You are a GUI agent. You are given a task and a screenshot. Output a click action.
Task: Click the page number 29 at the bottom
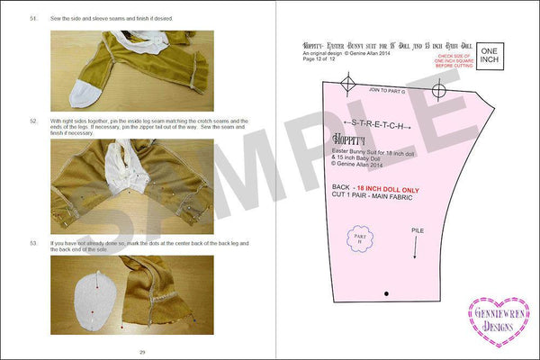point(142,351)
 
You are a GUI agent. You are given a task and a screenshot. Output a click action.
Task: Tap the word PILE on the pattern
point(418,230)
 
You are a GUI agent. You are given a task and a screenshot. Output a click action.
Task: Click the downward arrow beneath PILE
point(415,249)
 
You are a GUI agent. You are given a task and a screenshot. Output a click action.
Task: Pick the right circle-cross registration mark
point(438,90)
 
